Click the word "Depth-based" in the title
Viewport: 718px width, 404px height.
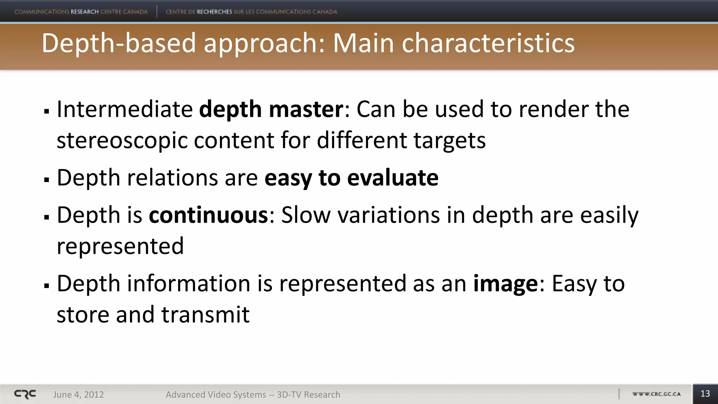[119, 43]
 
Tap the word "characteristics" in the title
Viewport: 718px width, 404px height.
[488, 43]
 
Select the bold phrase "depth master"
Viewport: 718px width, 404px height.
[271, 109]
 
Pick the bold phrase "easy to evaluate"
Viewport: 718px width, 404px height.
[351, 178]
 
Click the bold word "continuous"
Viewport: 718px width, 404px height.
[208, 215]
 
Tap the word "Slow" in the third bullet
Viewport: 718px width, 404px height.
[306, 215]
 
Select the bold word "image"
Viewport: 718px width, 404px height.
[505, 284]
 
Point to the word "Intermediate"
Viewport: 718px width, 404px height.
[125, 109]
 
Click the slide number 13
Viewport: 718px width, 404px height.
[705, 394]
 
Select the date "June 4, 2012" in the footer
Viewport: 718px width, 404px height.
[79, 395]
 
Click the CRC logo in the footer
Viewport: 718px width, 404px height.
[25, 394]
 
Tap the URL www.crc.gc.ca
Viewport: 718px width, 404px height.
[656, 394]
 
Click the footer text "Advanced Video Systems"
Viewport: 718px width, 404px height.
[216, 395]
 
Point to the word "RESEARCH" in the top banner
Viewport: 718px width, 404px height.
[84, 12]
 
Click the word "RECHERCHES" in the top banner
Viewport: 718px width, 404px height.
[214, 12]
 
